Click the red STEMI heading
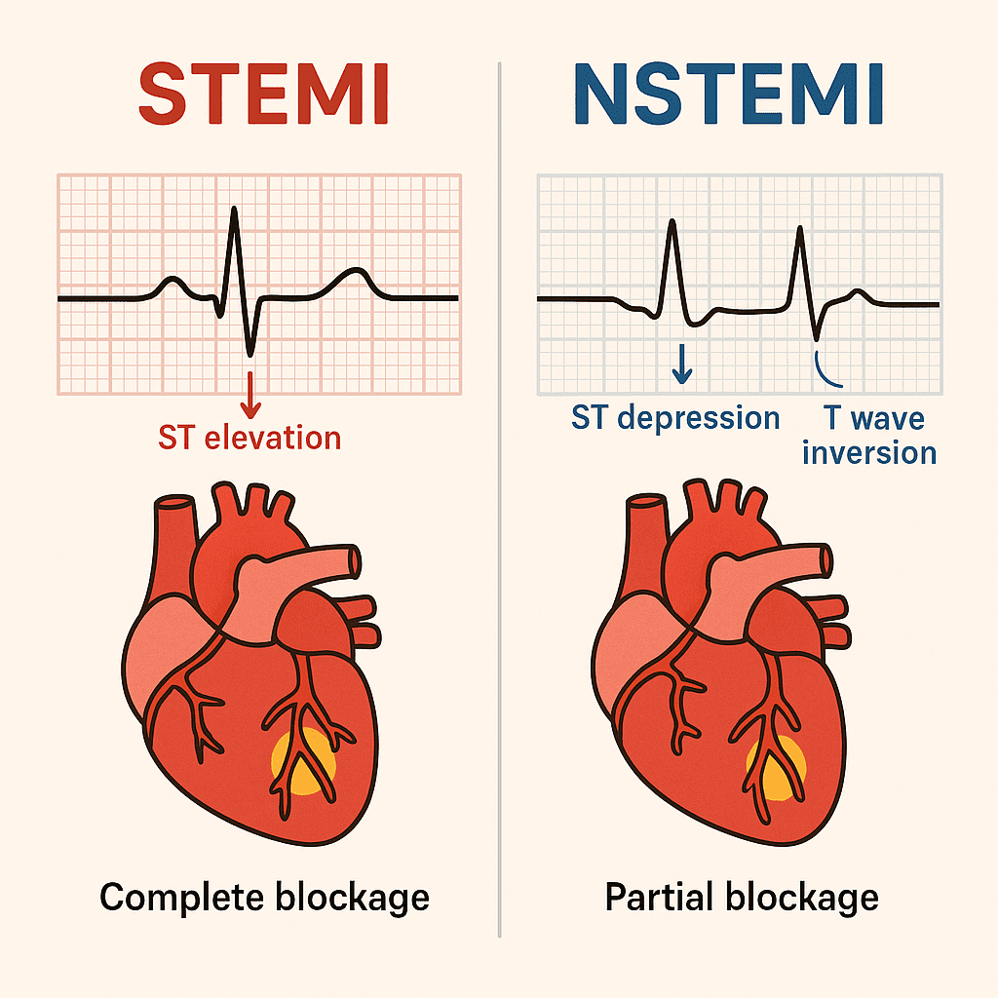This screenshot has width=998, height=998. pyautogui.click(x=263, y=95)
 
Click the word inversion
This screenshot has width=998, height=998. pyautogui.click(x=869, y=453)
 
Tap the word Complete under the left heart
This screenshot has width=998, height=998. pyautogui.click(x=186, y=896)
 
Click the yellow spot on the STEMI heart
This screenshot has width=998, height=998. pyautogui.click(x=303, y=761)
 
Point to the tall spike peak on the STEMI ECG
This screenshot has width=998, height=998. pyautogui.click(x=233, y=209)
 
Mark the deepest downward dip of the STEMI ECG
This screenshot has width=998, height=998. pyautogui.click(x=250, y=353)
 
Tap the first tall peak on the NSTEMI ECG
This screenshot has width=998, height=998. pyautogui.click(x=672, y=221)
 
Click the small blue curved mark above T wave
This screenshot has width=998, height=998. pyautogui.click(x=821, y=366)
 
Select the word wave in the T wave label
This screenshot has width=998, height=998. pyautogui.click(x=887, y=418)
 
